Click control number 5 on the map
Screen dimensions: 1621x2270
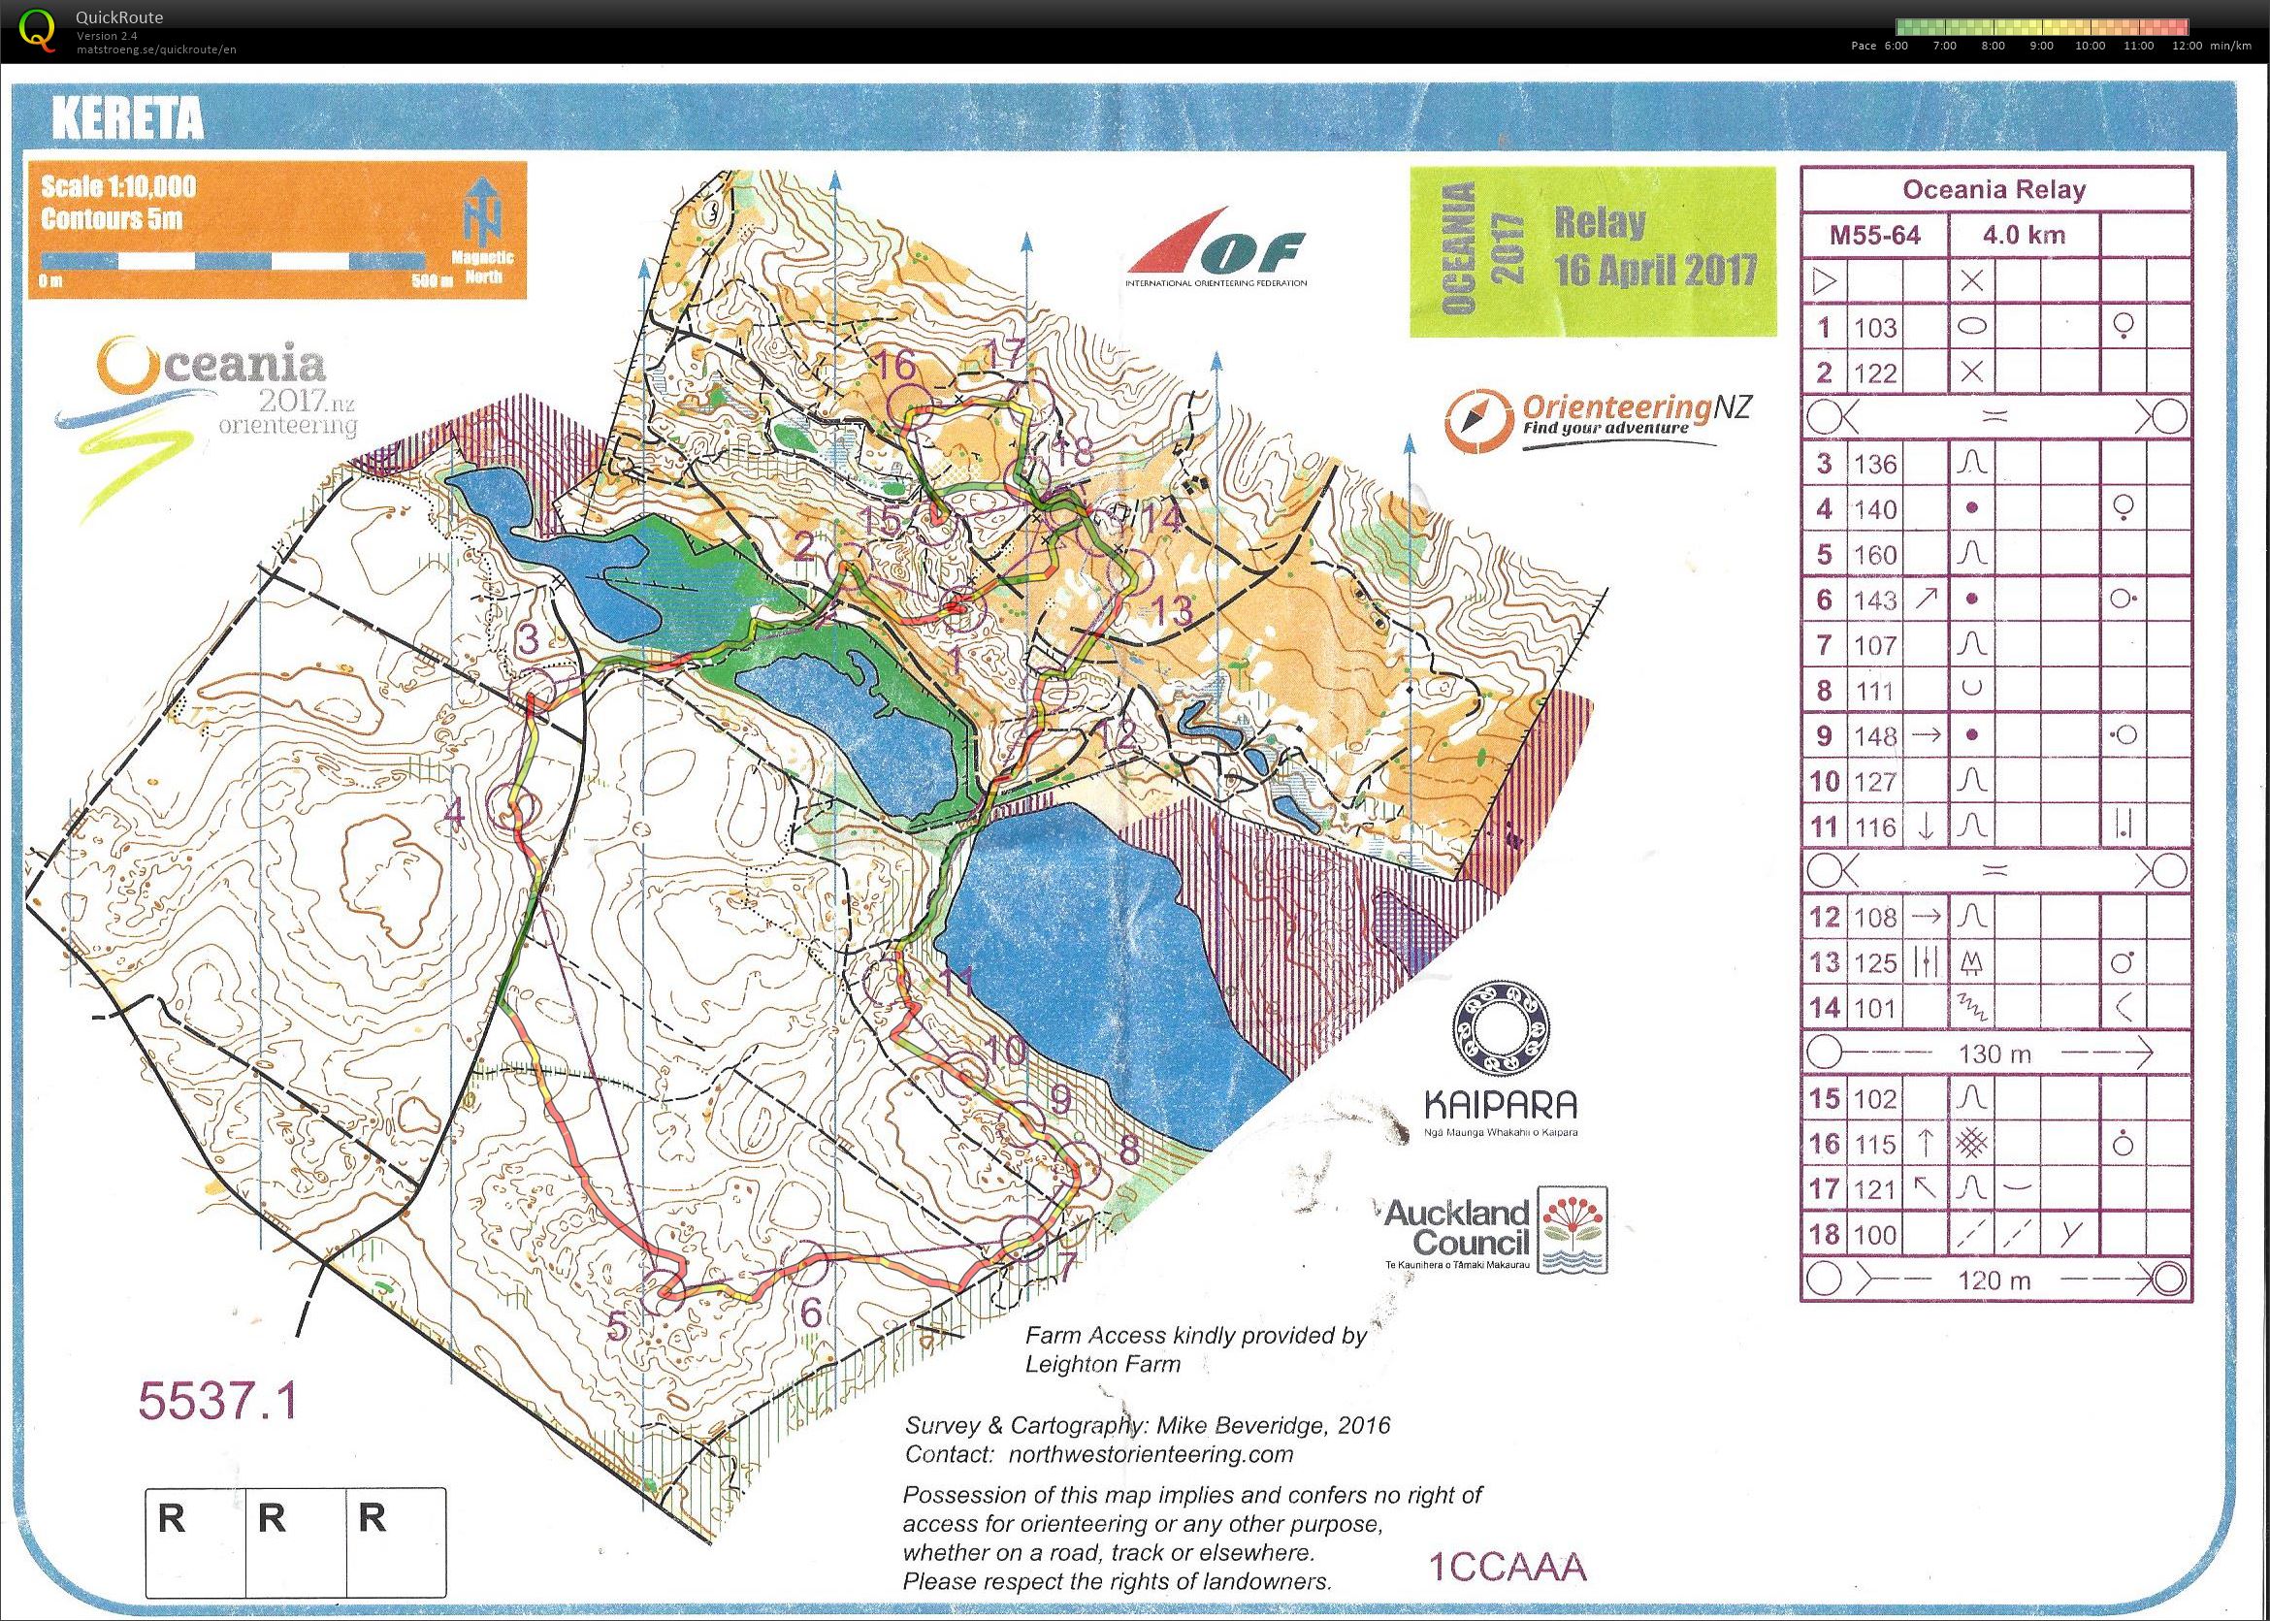619,1326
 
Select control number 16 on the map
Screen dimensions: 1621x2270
897,366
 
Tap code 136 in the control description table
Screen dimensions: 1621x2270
1876,464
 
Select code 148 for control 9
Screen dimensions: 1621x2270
1876,735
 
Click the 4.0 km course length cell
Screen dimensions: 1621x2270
2026,236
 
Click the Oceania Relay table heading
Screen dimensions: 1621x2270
1994,189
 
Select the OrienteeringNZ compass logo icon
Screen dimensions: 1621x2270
1471,422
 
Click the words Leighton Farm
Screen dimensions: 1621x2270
1102,1364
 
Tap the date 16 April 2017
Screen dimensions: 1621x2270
1654,270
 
